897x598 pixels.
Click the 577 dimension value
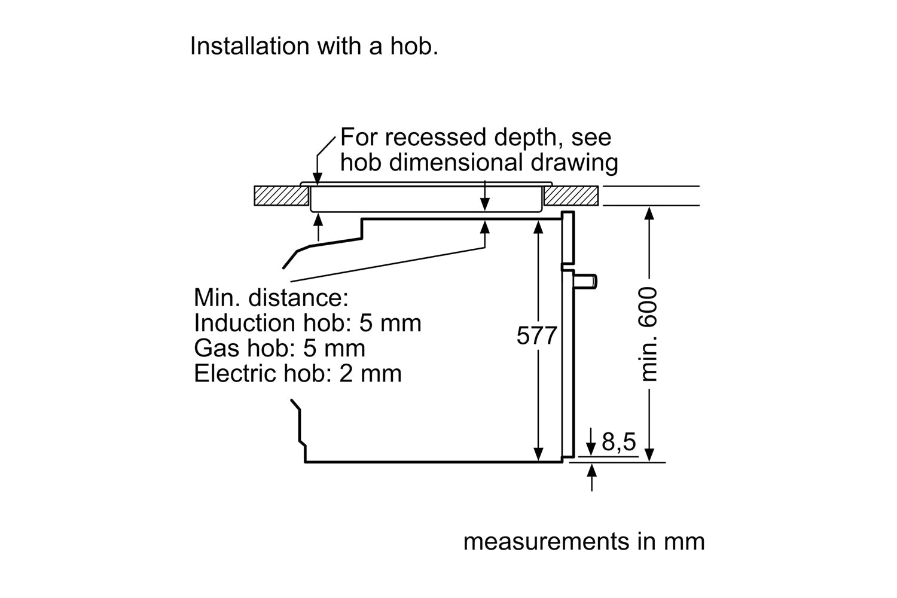[x=536, y=336]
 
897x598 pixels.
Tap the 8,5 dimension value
[x=618, y=442]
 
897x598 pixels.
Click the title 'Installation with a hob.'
[x=314, y=46]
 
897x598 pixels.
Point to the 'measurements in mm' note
[x=584, y=541]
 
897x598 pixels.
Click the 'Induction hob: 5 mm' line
[x=307, y=323]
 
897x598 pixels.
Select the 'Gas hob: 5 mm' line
[x=279, y=348]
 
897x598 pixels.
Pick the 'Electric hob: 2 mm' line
[x=297, y=373]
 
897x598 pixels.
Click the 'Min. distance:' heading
[x=270, y=297]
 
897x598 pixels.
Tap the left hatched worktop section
[x=281, y=196]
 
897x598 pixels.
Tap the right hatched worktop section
[x=571, y=196]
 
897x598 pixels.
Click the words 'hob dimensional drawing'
[x=479, y=163]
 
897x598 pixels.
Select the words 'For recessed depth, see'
[x=475, y=138]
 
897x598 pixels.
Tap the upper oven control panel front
[x=568, y=238]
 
